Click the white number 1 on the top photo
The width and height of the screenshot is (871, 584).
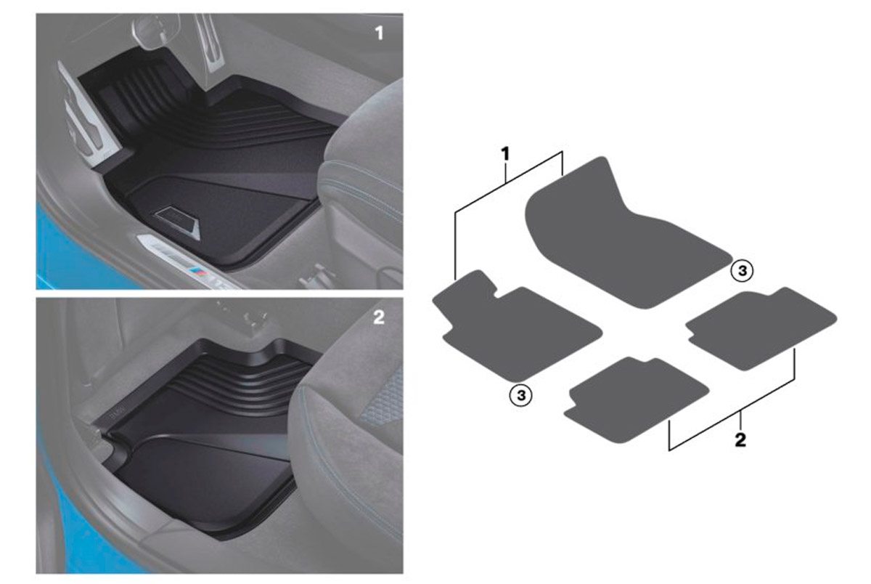(x=380, y=33)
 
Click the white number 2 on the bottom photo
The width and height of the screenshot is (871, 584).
(x=379, y=317)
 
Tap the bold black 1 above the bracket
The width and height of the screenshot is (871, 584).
(x=504, y=154)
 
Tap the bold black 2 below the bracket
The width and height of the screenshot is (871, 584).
(x=740, y=440)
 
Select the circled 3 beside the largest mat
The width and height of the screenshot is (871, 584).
(x=742, y=270)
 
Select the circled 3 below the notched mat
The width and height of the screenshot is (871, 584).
(x=520, y=395)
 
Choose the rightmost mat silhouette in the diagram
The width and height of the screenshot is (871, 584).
(x=762, y=329)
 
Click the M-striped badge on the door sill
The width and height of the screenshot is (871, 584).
(x=200, y=272)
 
